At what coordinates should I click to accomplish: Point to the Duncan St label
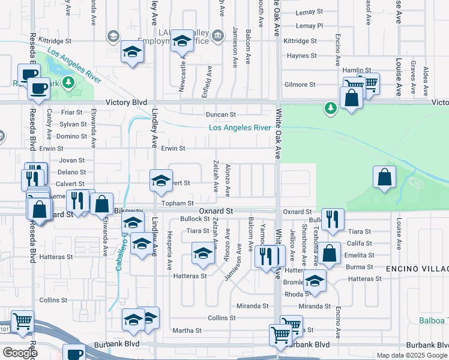[x=221, y=114]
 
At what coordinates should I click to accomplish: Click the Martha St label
[x=187, y=331]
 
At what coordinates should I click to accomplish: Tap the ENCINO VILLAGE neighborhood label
[x=417, y=268]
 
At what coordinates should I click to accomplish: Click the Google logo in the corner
[x=20, y=352]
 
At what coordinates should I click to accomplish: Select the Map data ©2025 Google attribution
[x=412, y=355]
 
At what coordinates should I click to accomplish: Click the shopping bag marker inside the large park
[x=384, y=178]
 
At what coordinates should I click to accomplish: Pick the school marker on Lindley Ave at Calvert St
[x=161, y=181]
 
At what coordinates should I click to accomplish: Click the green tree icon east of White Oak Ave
[x=330, y=108]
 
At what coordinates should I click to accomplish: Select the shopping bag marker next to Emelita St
[x=330, y=253]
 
